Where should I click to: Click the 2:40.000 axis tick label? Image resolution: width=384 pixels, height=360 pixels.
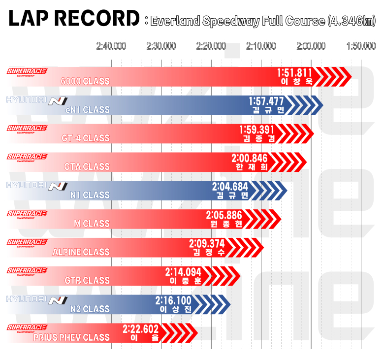(x=111, y=46)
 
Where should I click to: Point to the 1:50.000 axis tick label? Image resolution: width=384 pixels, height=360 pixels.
(x=361, y=46)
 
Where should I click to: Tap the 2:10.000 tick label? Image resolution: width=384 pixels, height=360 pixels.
(x=261, y=46)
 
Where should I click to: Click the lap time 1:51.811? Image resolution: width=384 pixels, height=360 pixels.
(x=295, y=73)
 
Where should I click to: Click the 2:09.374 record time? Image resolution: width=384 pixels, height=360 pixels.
(x=207, y=244)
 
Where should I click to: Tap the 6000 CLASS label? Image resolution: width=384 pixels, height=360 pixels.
(x=85, y=81)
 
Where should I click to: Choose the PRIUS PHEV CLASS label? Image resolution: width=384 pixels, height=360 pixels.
(x=71, y=338)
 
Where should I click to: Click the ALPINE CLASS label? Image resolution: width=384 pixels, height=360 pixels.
(x=81, y=252)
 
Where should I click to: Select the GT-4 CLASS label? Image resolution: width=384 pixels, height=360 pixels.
(x=86, y=138)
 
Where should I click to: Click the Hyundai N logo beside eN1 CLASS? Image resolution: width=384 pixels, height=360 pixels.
(x=58, y=101)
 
